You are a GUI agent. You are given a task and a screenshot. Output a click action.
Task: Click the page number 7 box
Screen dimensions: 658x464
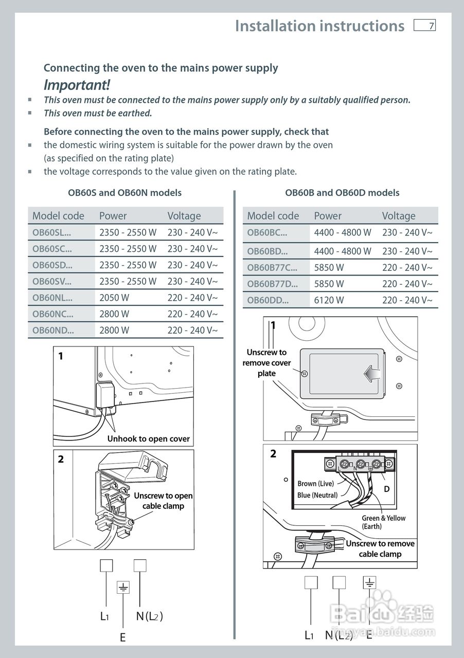424,25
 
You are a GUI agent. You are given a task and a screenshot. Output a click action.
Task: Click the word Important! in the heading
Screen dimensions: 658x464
77,85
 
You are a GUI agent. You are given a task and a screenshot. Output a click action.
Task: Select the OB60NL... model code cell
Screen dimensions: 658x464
52,298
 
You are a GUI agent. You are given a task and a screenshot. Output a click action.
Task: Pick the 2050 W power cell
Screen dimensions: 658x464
114,298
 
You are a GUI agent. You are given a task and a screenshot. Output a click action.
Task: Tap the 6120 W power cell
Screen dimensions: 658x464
329,300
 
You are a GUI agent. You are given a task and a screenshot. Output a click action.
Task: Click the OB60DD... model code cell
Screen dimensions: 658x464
267,300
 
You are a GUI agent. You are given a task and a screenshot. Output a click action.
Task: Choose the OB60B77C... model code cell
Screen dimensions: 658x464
272,267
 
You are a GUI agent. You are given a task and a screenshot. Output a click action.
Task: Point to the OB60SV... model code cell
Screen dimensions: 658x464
52,281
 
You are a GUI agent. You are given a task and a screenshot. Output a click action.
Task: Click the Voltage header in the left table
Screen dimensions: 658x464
184,216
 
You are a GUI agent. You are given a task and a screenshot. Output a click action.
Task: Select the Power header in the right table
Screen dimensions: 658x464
328,216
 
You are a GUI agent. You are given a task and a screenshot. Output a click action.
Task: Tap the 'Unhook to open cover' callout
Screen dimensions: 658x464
148,439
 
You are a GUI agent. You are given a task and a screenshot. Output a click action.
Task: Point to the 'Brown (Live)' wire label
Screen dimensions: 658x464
315,484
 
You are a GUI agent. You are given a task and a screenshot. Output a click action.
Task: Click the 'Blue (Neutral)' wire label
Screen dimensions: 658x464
317,495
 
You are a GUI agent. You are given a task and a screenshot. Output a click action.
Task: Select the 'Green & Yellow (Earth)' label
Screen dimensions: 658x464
383,522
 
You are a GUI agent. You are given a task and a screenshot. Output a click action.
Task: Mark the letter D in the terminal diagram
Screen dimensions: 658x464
387,489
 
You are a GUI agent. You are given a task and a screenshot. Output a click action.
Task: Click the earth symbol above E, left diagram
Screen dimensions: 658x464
123,587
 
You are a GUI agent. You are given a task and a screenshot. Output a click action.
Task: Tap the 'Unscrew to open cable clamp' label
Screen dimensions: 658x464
163,501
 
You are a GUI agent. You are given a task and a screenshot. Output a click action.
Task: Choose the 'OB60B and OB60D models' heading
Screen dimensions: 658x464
342,193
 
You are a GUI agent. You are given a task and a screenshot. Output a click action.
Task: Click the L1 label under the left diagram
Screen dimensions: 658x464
104,616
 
